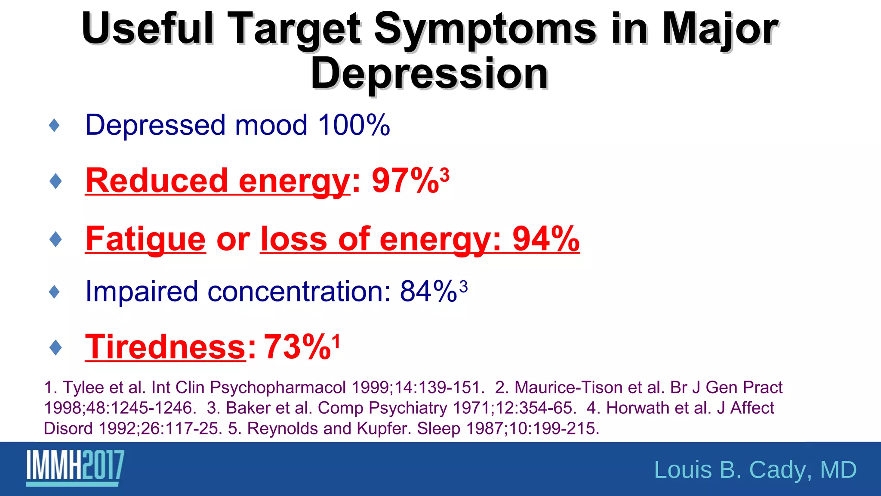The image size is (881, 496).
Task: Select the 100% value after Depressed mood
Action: [x=354, y=125]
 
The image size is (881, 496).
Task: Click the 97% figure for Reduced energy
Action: [x=405, y=180]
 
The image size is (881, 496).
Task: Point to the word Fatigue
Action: [x=145, y=239]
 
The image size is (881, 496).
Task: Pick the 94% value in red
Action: [x=545, y=239]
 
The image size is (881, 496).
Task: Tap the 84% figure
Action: [x=428, y=291]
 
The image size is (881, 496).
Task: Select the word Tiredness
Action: [x=165, y=347]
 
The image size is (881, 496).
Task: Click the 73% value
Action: [x=297, y=347]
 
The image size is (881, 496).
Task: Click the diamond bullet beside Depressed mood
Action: [x=55, y=126]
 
